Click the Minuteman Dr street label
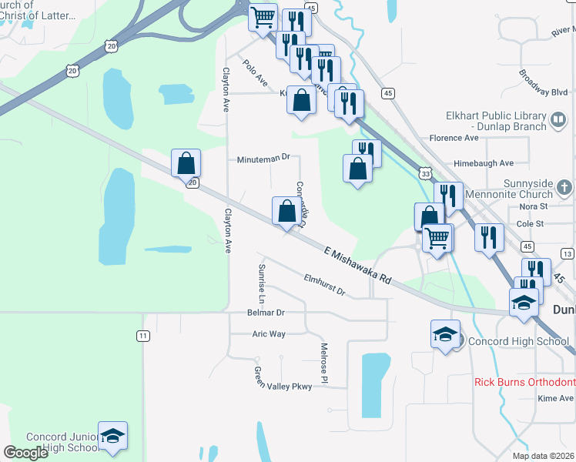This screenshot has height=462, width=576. coord(263,157)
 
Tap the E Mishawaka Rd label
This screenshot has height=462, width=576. coord(359,264)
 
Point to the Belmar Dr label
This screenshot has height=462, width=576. coord(265,313)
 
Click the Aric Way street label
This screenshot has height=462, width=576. coord(269,334)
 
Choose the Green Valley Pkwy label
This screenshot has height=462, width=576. coord(283,380)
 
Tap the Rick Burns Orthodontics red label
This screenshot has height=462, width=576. coord(524,382)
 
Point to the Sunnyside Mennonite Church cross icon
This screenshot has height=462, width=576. coord(564,187)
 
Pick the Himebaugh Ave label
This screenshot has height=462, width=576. coord(484,163)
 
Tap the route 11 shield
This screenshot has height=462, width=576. coord(142,336)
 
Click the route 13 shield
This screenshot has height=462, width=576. coord(567,253)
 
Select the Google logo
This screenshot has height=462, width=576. coord(25,453)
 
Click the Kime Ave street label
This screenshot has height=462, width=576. coord(555,398)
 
